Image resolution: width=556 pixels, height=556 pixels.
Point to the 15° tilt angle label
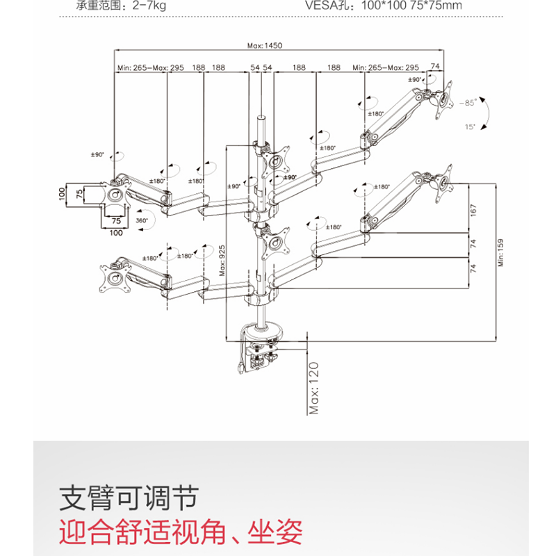[x=469, y=126]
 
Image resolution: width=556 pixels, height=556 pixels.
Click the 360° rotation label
[x=142, y=220]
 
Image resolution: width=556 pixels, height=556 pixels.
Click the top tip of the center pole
[x=262, y=117]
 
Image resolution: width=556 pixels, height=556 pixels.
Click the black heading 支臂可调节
[x=129, y=498]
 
